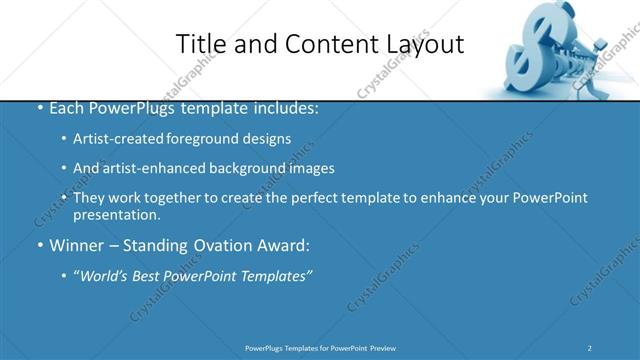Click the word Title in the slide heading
(x=197, y=44)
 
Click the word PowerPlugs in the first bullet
(x=126, y=108)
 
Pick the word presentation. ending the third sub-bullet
(x=116, y=214)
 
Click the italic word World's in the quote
(x=104, y=276)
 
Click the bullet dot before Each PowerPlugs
(x=39, y=108)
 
